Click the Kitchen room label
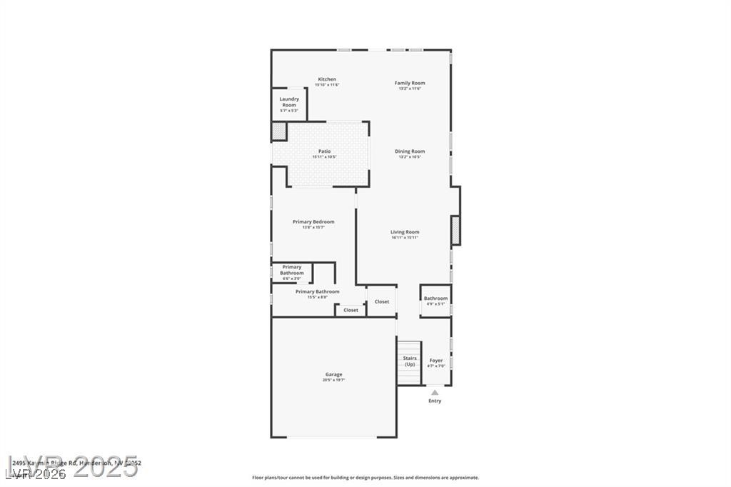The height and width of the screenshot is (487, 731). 327,79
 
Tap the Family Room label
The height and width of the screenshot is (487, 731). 410,83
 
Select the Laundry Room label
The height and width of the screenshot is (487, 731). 289,102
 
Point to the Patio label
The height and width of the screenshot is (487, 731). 324,151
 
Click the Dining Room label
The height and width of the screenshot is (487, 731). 410,151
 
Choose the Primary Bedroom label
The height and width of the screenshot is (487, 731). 313,222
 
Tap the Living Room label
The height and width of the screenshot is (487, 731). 405,232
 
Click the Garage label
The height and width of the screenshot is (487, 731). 333,374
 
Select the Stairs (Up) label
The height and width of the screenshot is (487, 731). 410,361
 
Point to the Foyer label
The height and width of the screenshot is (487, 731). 436,361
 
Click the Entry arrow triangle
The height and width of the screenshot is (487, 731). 435,391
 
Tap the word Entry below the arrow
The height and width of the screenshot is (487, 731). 435,401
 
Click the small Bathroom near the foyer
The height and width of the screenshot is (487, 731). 435,298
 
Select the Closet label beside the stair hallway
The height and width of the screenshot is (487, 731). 382,301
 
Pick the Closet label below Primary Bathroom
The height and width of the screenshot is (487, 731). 351,310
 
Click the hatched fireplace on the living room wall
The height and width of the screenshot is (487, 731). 455,230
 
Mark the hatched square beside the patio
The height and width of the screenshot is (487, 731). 278,131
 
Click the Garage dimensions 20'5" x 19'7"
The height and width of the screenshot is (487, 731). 333,380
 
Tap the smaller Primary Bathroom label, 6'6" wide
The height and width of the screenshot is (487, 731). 292,270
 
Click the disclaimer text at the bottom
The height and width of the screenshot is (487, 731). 365,478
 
